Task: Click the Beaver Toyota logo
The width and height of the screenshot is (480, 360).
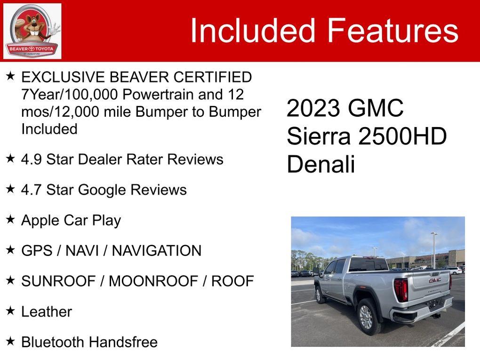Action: [x=32, y=31]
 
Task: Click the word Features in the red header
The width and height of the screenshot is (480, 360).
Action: [x=393, y=30]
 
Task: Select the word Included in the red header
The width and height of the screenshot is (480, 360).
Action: [x=253, y=30]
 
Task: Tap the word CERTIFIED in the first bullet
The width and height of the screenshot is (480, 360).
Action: [x=212, y=77]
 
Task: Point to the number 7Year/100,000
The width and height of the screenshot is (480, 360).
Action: [x=70, y=95]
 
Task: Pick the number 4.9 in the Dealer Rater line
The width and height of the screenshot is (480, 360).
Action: [x=31, y=160]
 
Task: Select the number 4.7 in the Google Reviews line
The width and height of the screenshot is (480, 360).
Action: [x=31, y=190]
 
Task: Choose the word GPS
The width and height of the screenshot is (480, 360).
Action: [x=37, y=251]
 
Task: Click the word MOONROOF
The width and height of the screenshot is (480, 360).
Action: [x=153, y=281]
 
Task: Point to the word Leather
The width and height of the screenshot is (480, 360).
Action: [x=47, y=312]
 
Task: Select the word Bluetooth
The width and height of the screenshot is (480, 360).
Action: [x=52, y=342]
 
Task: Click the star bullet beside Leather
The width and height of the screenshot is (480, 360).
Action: [x=10, y=311]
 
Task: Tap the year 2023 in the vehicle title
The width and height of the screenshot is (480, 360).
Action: [x=313, y=108]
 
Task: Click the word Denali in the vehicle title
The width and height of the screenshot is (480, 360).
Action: [x=321, y=164]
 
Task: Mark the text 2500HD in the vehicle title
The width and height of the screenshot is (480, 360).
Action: [x=402, y=136]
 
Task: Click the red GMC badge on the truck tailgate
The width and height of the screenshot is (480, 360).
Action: [x=435, y=280]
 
